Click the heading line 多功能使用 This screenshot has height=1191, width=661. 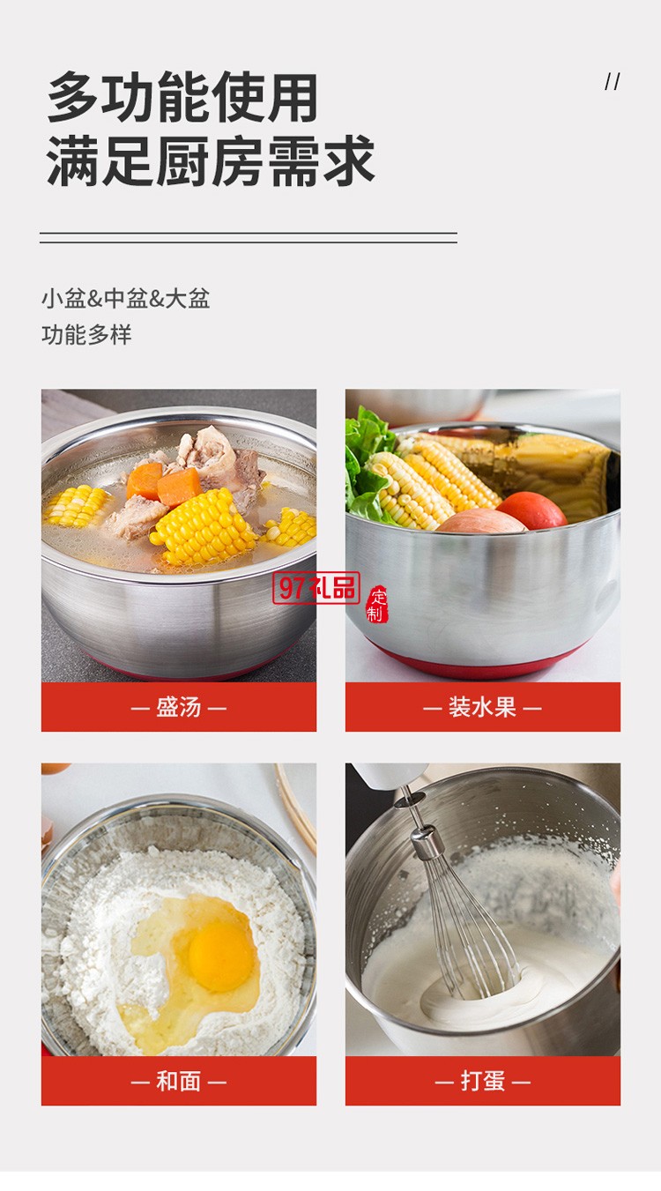click(x=182, y=97)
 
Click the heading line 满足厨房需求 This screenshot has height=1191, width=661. click(x=211, y=160)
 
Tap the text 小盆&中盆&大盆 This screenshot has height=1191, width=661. click(x=125, y=298)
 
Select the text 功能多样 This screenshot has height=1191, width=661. click(x=86, y=335)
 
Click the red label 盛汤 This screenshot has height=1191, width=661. click(x=179, y=707)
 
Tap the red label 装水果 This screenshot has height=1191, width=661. click(x=482, y=707)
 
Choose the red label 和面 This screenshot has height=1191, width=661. click(x=179, y=1081)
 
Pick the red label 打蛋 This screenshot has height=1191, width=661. click(x=482, y=1081)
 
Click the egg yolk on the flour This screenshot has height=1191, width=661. click(x=221, y=957)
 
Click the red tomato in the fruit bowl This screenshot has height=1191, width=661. click(x=531, y=510)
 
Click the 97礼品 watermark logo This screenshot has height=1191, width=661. click(x=316, y=588)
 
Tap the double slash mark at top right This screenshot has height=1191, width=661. click(x=613, y=82)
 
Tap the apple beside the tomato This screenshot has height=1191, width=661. click(x=480, y=522)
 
